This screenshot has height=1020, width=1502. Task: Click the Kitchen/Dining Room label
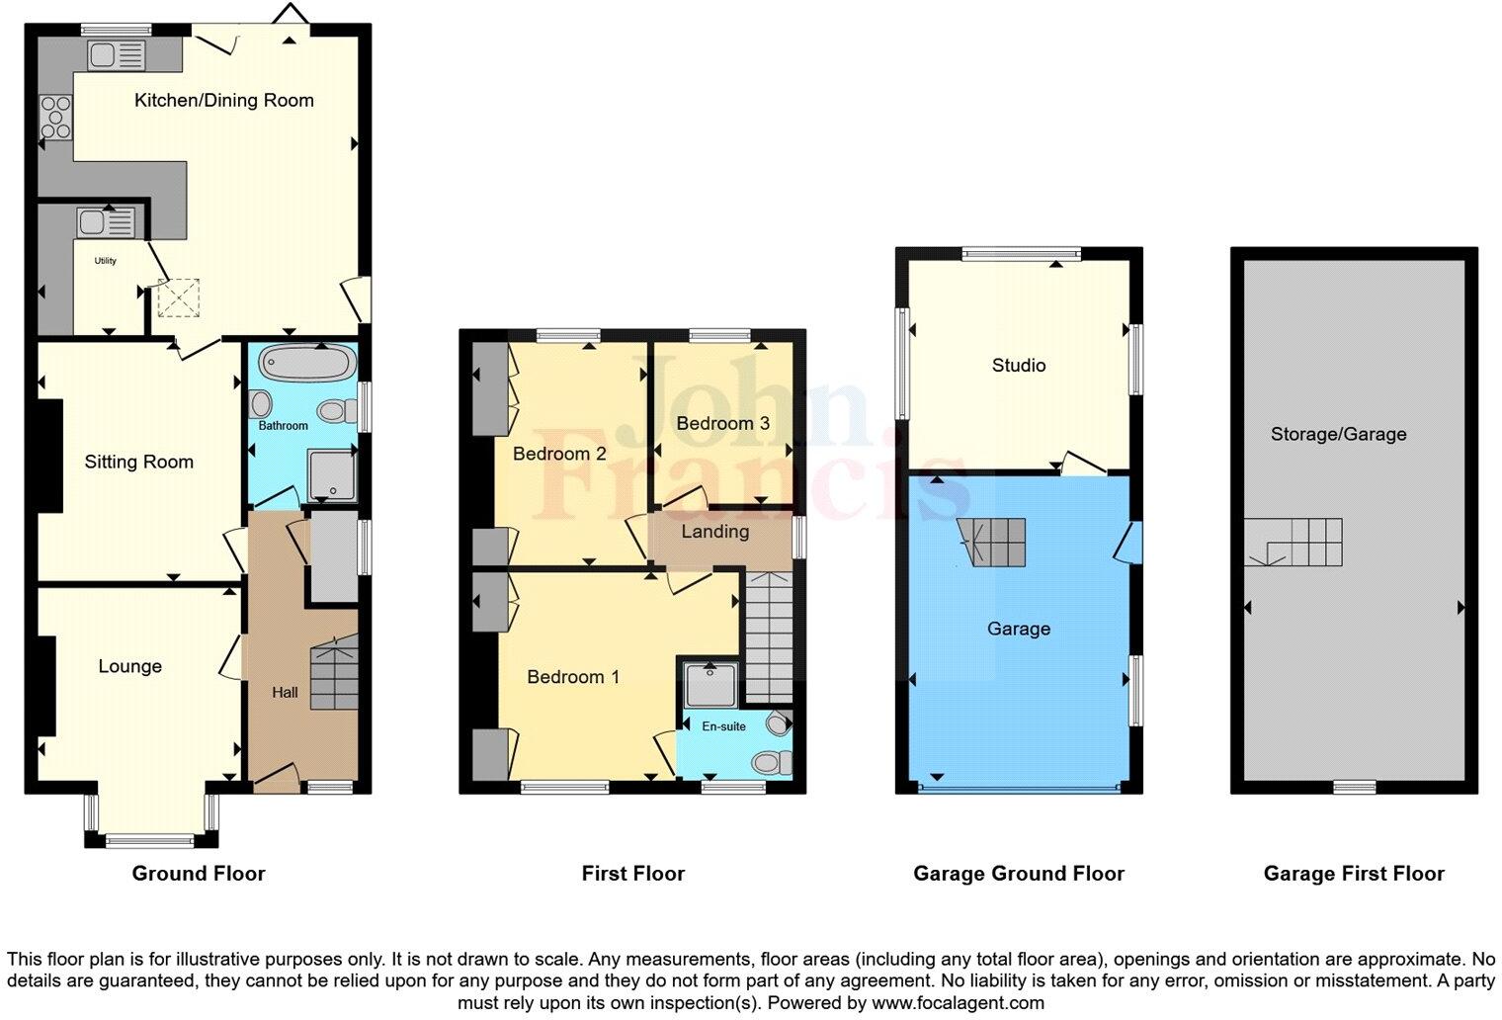[223, 100]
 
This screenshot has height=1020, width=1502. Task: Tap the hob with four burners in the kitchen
[55, 117]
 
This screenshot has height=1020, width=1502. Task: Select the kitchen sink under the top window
[117, 55]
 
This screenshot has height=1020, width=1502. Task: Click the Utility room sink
[107, 222]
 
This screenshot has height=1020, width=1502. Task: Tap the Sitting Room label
[138, 462]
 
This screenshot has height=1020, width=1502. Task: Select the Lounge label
[129, 666]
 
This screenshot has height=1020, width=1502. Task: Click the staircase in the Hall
[335, 676]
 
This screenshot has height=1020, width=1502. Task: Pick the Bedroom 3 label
[722, 423]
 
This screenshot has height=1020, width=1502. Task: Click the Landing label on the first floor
[714, 532]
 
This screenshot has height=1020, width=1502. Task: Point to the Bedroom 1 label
[572, 677]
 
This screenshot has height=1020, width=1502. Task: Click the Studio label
[1018, 366]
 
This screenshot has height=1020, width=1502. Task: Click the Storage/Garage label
[1338, 434]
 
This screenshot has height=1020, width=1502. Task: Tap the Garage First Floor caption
[1353, 874]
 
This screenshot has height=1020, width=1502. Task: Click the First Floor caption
[632, 874]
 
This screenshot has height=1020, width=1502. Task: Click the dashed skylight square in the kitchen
[179, 298]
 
